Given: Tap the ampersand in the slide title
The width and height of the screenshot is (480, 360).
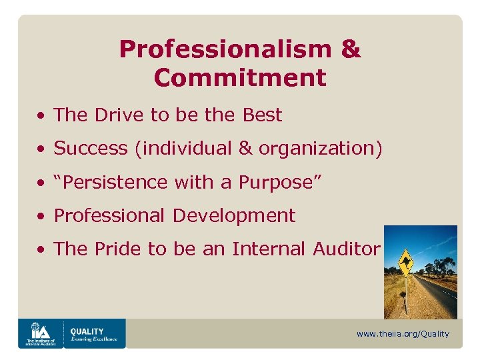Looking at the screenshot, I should tap(351, 49).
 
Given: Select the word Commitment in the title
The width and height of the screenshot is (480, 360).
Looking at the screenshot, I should tap(240, 78).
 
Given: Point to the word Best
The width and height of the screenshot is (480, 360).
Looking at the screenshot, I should tap(262, 115).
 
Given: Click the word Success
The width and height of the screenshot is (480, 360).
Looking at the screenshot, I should tap(91, 149).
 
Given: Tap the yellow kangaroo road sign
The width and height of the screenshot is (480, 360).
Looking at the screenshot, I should tap(404, 262).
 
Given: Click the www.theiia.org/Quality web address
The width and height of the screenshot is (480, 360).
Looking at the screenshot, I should tap(403, 334).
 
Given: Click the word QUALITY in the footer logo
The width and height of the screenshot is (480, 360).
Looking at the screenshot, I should tap(87, 331).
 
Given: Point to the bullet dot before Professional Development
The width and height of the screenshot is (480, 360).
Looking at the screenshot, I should tap(41, 216).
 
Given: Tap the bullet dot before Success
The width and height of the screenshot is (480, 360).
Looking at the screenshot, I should tap(41, 149).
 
